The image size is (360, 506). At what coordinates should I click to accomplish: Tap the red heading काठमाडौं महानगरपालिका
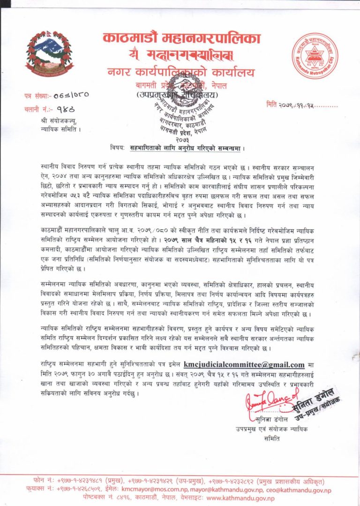(181, 38)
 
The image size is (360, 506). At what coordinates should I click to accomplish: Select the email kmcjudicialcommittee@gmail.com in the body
(244, 364)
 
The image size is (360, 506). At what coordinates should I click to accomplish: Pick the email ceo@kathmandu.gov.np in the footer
(300, 490)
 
